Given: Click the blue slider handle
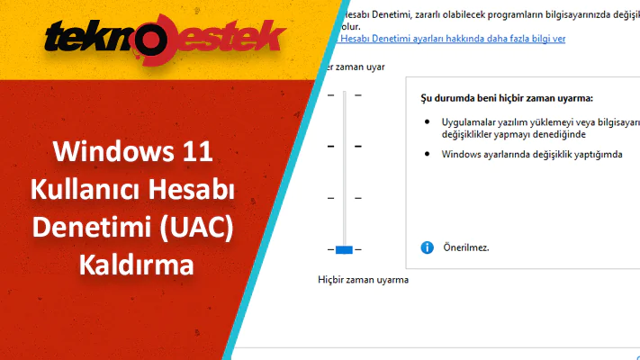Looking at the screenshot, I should tap(344, 248).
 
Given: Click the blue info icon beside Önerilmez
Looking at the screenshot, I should tap(427, 247).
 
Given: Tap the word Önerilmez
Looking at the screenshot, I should tap(466, 247).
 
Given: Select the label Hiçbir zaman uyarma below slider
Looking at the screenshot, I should tap(364, 280).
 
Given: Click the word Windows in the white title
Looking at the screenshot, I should tap(105, 150).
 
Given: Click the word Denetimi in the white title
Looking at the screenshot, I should tap(86, 228).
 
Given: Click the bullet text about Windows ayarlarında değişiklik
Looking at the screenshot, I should tap(532, 154).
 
